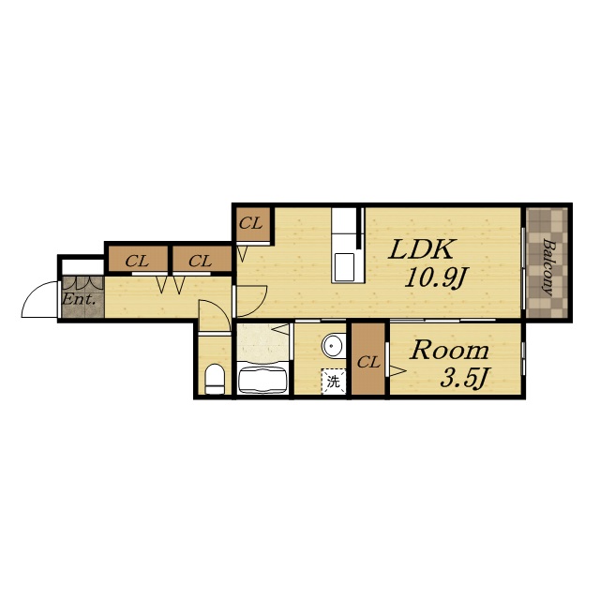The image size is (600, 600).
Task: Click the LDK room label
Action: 422,249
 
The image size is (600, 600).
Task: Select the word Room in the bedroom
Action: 449,351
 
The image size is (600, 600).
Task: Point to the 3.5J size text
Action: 464,378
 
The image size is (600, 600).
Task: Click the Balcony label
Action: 547,267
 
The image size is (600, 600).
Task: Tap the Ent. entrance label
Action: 79,299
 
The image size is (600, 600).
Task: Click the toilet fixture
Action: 215,379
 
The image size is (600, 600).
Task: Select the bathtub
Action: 262,381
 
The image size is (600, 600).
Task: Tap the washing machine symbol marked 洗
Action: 334,382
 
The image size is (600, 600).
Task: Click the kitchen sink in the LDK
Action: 344,267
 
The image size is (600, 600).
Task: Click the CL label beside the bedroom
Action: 368,362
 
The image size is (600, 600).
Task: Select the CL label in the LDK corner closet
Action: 250,223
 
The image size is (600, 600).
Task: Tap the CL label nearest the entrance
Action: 137,262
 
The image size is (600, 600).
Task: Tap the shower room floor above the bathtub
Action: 262,342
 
